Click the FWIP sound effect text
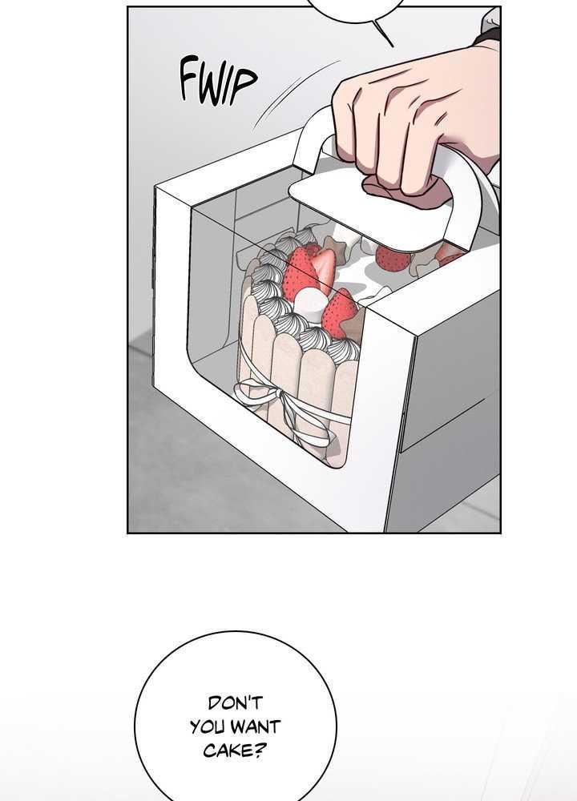pos(218,82)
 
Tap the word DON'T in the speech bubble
pos(235,703)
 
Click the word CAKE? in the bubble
pos(235,750)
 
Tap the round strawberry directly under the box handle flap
pos(393,260)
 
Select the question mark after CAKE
pos(260,750)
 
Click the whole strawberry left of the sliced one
pos(301,273)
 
